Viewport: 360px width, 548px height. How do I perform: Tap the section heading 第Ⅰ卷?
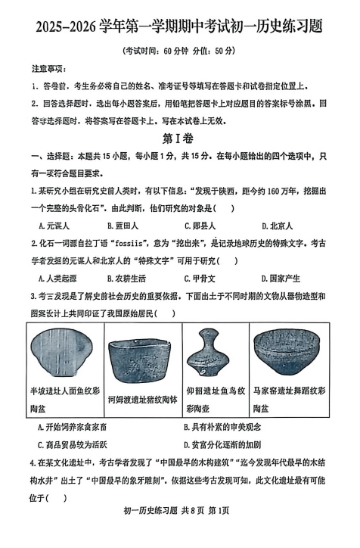[x=178, y=139]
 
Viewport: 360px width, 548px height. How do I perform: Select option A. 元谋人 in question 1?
[x=54, y=226]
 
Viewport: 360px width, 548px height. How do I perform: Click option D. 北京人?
[x=277, y=226]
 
